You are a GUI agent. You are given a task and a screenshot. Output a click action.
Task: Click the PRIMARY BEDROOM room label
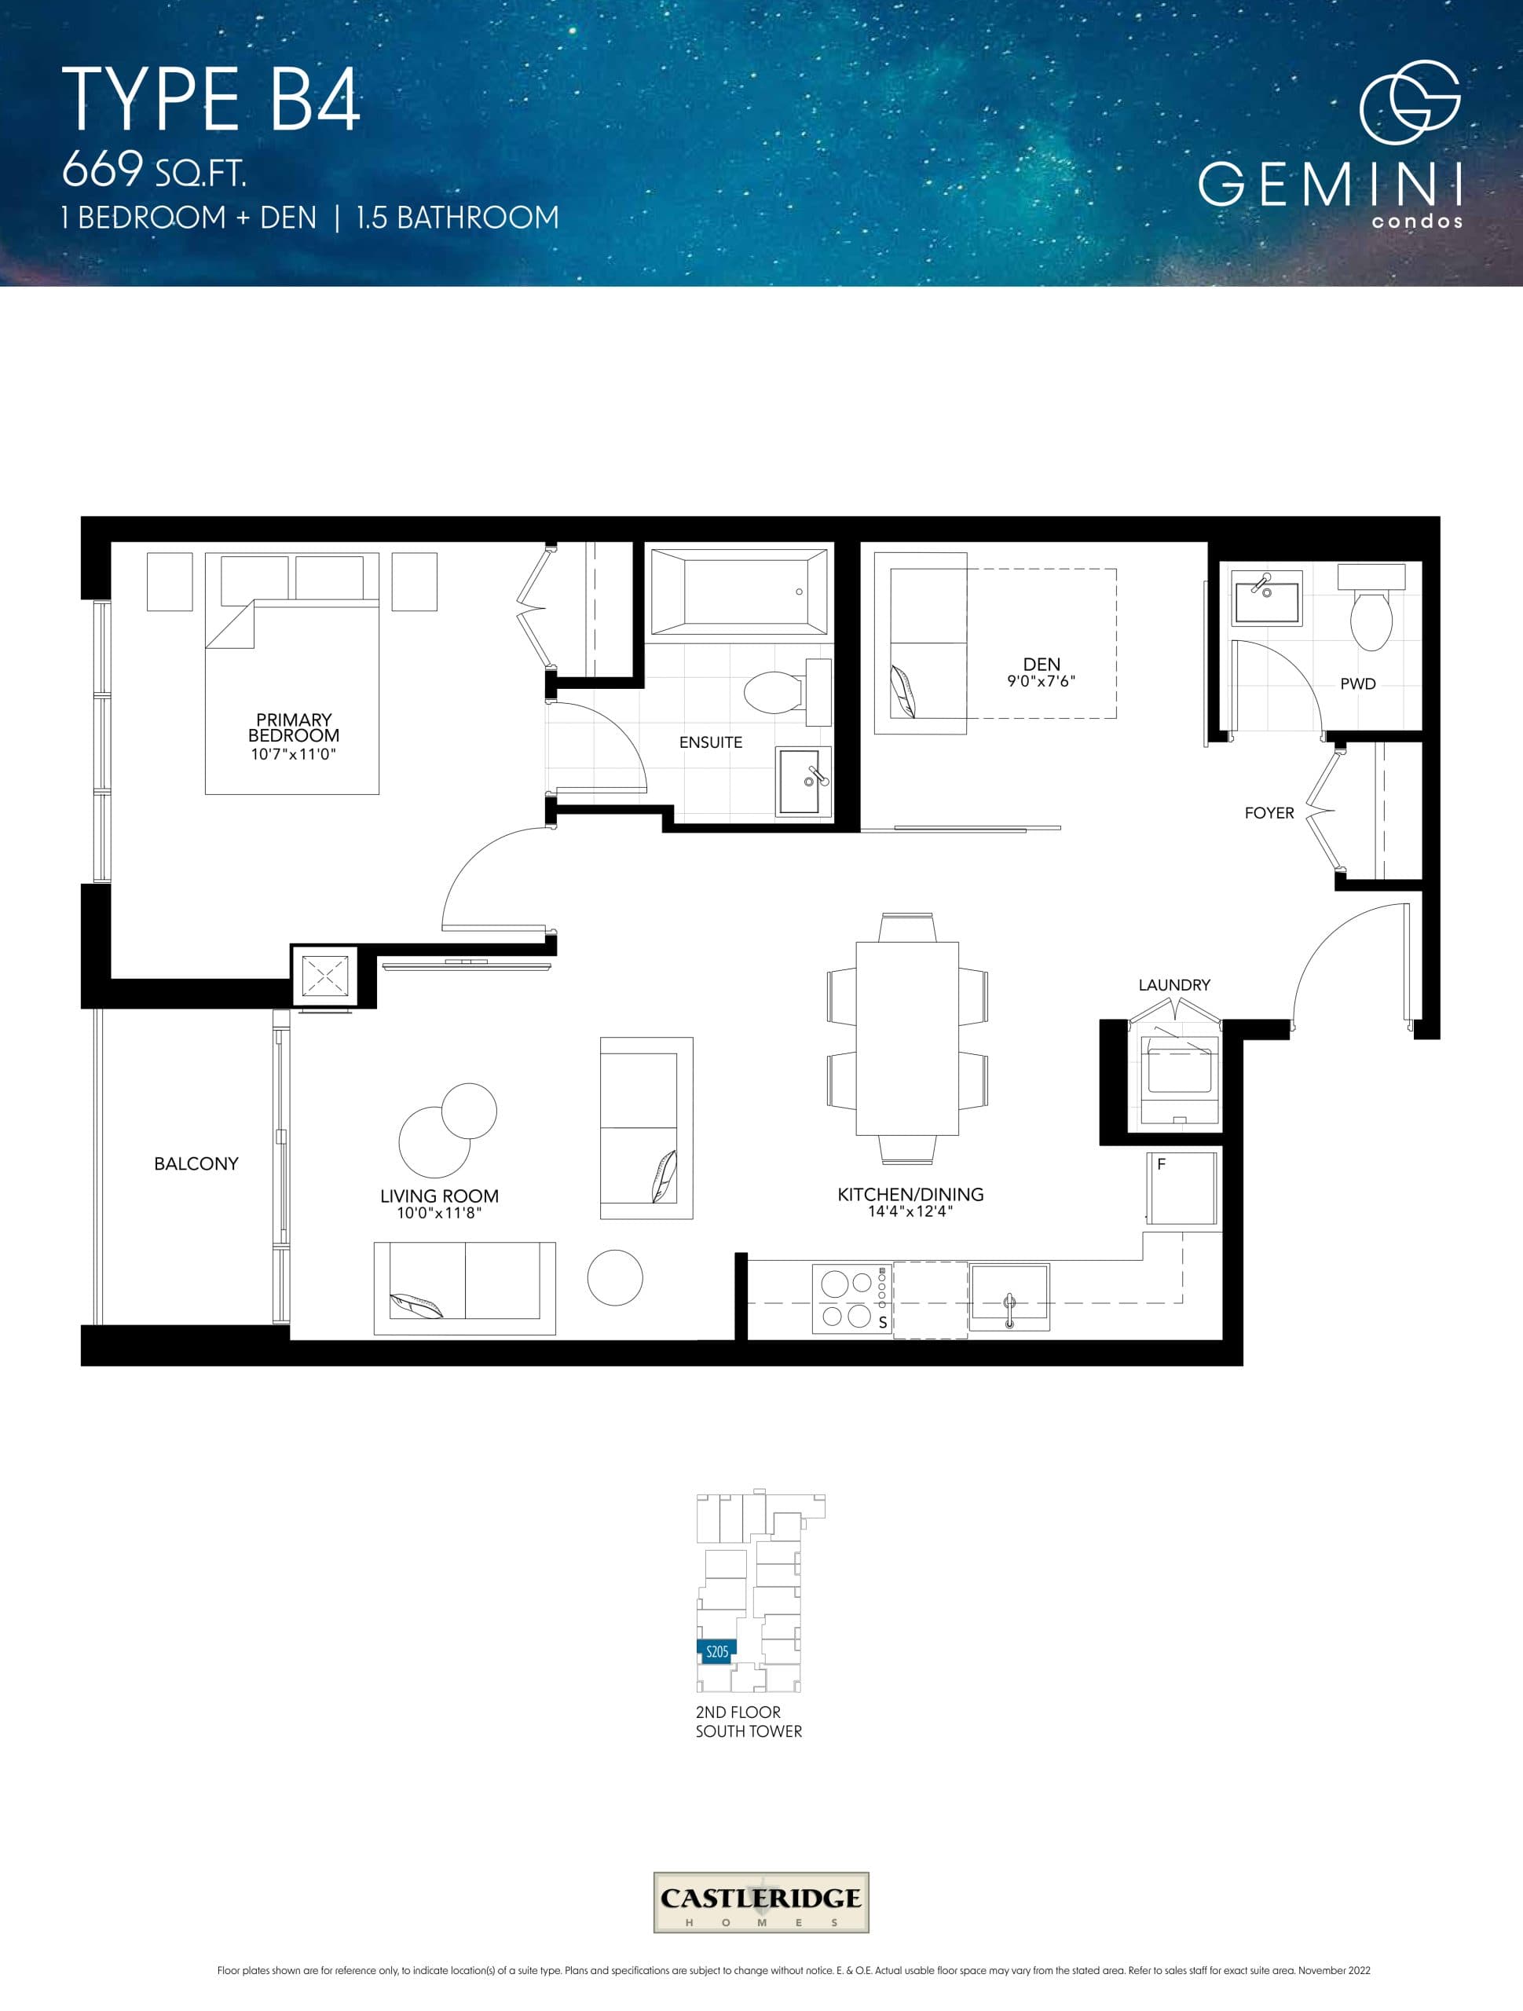(x=293, y=728)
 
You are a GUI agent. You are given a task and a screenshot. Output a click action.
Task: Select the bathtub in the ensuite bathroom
(x=738, y=592)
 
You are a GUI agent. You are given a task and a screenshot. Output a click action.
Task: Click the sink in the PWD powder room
(x=1267, y=599)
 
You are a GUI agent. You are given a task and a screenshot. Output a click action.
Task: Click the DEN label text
(x=1041, y=665)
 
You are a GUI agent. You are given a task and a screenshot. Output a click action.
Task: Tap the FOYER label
(x=1269, y=813)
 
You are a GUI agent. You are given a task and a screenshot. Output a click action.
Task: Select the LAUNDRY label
(x=1173, y=984)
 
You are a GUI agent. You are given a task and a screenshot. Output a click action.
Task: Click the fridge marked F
(x=1181, y=1189)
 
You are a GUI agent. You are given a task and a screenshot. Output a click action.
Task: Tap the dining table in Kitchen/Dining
(x=906, y=1038)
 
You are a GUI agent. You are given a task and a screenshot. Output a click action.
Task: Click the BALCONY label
(x=196, y=1163)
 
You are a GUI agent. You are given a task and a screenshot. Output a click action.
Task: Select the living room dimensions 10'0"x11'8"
(x=438, y=1213)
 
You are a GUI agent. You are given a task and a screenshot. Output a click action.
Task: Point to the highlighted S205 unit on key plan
(x=716, y=1652)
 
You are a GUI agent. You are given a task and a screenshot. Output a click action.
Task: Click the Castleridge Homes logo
(x=761, y=1902)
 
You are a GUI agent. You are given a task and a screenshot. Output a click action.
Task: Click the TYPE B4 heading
(x=211, y=100)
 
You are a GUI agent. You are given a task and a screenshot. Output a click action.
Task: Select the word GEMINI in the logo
(x=1329, y=185)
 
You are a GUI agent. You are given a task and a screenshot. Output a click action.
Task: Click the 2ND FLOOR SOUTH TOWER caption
(x=748, y=1722)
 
